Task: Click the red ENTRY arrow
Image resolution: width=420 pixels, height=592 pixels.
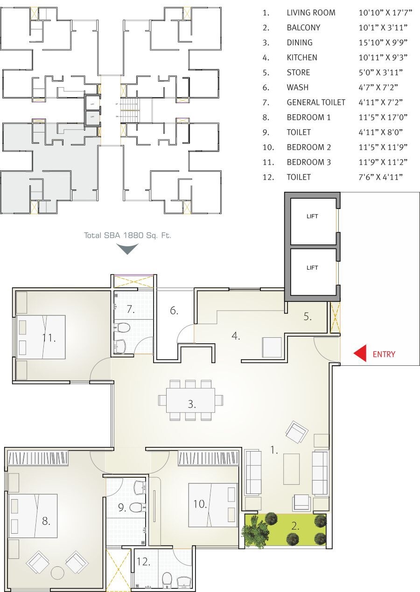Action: click(360, 354)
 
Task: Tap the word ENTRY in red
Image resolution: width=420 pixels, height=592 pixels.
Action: click(384, 354)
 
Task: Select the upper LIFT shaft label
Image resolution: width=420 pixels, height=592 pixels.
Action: click(312, 216)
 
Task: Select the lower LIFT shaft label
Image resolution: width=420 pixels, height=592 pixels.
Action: click(312, 267)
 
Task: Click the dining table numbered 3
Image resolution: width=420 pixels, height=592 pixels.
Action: click(191, 400)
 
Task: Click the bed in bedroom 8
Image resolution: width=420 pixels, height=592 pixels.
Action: click(34, 515)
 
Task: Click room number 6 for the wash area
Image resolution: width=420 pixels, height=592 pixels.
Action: click(174, 310)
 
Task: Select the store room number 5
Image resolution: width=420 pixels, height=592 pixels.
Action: click(307, 316)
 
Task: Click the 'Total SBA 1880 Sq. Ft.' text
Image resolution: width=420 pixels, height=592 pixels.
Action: click(127, 236)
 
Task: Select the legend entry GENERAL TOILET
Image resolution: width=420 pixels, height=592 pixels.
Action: click(315, 102)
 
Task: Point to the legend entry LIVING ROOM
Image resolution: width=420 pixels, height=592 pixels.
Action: click(311, 13)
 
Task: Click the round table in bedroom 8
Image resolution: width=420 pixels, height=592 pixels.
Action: click(58, 572)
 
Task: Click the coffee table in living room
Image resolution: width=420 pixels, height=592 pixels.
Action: click(292, 469)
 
